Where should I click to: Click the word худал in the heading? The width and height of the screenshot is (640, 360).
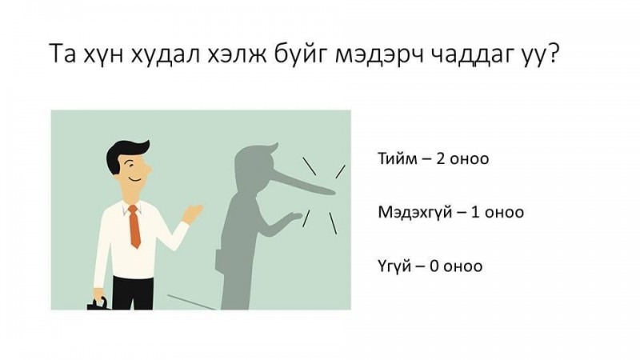166,54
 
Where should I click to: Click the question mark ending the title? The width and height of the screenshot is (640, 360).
550,54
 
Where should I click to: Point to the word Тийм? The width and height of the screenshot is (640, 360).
398,158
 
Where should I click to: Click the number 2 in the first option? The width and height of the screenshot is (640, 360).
441,158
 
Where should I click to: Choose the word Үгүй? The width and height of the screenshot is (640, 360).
394,266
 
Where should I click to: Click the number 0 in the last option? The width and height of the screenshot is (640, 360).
434,266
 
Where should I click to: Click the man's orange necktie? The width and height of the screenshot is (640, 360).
134,226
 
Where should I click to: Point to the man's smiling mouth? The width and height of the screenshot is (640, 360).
135,179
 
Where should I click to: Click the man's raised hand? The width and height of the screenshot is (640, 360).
192,214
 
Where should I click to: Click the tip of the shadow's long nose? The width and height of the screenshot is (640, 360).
334,191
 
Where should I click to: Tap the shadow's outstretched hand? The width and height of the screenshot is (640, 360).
291,218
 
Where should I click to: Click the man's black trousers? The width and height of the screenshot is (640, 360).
132,293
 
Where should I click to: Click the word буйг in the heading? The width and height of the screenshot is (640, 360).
267,55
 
